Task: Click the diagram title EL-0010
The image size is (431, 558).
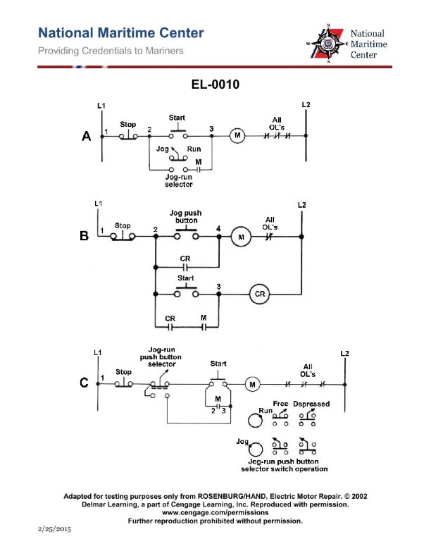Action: click(215, 85)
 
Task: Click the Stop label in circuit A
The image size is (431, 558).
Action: click(128, 124)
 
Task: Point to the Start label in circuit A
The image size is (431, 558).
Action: click(177, 117)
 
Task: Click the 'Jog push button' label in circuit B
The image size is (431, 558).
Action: click(187, 216)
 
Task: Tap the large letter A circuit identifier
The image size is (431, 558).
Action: click(87, 137)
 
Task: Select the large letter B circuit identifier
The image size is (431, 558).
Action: click(84, 237)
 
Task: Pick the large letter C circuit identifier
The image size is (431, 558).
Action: click(84, 383)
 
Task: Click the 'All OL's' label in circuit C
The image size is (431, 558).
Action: click(308, 370)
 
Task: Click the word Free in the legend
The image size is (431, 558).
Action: click(280, 404)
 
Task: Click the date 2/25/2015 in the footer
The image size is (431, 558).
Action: click(54, 528)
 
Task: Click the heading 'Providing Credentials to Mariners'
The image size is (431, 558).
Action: click(111, 51)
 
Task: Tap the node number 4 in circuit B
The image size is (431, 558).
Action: click(218, 228)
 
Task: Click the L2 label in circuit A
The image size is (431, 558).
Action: click(306, 106)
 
